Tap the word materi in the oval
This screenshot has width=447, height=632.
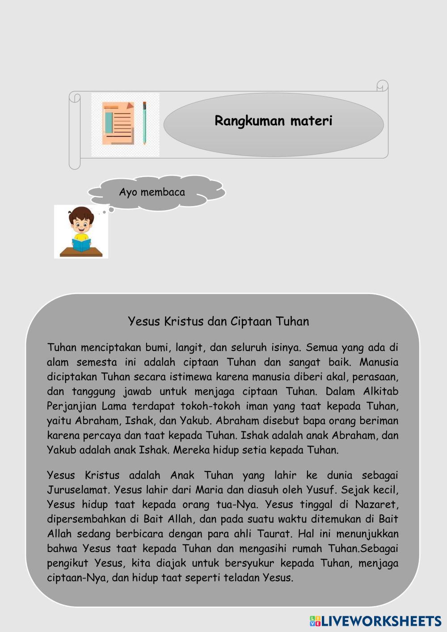pos(311,121)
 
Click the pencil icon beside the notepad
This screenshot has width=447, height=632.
pos(144,123)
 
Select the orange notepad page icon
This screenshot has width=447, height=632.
pos(118,123)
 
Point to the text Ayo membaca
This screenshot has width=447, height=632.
pos(152,192)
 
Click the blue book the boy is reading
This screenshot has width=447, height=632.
pos(81,245)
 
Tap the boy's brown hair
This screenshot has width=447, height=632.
pos(81,213)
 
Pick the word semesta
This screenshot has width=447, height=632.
pos(97,362)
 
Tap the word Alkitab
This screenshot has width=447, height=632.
pos(380,392)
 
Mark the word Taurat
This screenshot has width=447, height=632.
pos(274,534)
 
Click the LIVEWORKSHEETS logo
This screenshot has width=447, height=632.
pos(376,621)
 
